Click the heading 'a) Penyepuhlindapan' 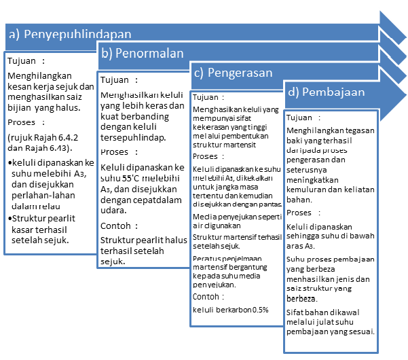coord(69,33)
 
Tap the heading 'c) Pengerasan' coord(233,72)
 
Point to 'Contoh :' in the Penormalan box coord(121,226)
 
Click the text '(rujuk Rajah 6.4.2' coord(43,139)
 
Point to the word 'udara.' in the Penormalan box coord(113,211)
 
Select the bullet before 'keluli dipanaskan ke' coord(10,164)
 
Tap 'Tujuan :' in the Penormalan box coord(119,79)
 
